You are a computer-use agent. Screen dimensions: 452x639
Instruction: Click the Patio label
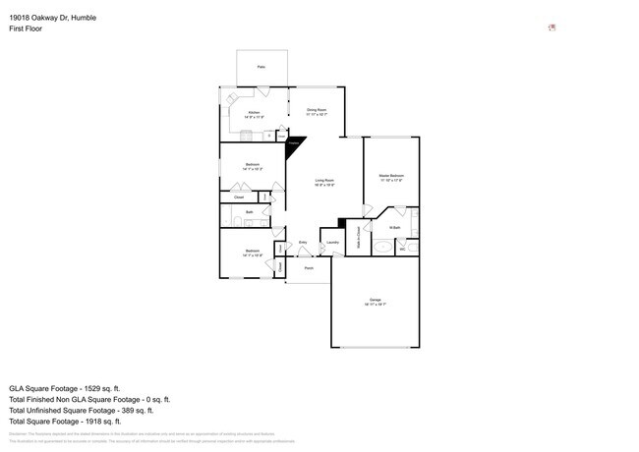(261, 66)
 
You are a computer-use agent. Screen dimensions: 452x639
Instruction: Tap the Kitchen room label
(254, 114)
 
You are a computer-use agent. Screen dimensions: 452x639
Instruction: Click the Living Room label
(324, 181)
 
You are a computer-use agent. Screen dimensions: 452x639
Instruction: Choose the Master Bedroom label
(391, 176)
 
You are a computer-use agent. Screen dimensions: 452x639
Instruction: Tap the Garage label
(375, 300)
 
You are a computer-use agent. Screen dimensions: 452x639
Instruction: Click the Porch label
(309, 267)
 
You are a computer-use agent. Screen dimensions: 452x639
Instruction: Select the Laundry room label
(332, 243)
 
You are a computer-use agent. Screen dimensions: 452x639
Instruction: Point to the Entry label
(303, 243)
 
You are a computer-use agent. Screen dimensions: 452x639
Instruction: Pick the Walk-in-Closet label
(357, 237)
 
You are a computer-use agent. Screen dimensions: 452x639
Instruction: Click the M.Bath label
(394, 228)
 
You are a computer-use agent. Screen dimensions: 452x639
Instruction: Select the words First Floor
(27, 29)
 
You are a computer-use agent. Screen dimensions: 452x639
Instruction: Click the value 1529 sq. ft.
(116, 387)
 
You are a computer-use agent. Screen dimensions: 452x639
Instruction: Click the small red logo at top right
(552, 28)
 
